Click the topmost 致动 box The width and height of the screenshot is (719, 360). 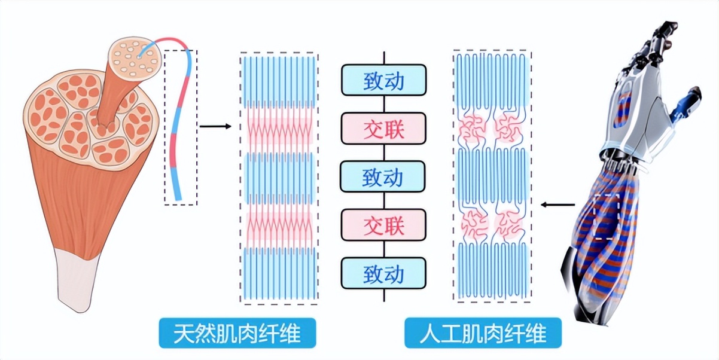tap(383, 80)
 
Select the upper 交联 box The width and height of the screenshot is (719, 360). tap(383, 129)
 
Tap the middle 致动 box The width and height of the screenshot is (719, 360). tap(383, 177)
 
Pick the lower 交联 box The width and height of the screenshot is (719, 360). tap(383, 225)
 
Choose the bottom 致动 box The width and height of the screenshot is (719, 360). tap(383, 274)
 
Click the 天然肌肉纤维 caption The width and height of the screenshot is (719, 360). tap(237, 333)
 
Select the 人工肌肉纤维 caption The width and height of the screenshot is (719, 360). tap(483, 333)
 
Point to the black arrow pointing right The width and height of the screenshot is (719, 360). tap(215, 126)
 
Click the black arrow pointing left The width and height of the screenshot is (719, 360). tap(552, 205)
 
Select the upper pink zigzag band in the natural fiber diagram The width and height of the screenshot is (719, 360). tap(280, 127)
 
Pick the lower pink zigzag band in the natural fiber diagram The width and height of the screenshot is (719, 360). tap(280, 225)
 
